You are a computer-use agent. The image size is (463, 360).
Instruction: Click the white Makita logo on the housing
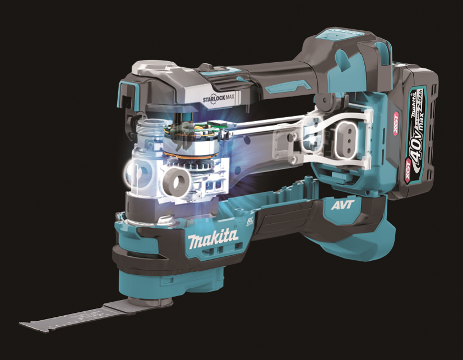coord(212,239)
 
